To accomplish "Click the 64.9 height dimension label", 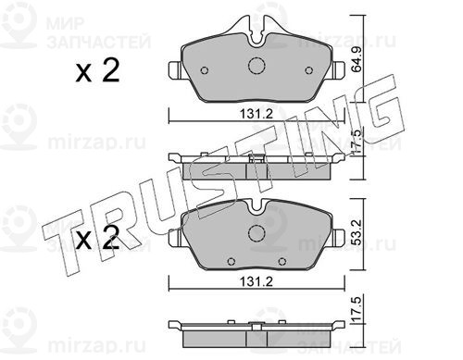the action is pyautogui.click(x=357, y=59).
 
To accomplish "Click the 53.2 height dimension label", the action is pyautogui.click(x=357, y=231).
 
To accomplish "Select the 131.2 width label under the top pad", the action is pyautogui.click(x=257, y=114).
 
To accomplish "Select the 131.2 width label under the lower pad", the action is pyautogui.click(x=257, y=281).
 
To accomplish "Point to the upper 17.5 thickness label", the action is pyautogui.click(x=357, y=142).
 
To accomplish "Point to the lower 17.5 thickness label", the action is pyautogui.click(x=357, y=310).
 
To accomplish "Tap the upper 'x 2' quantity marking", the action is pyautogui.click(x=97, y=71).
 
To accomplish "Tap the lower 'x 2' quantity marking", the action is pyautogui.click(x=97, y=238).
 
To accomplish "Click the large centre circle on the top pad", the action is pyautogui.click(x=257, y=66).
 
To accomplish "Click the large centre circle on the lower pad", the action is pyautogui.click(x=257, y=232).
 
